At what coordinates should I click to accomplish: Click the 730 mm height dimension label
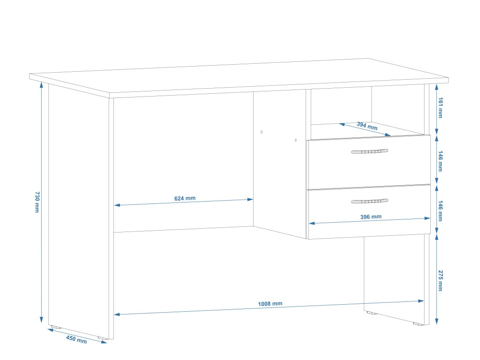(x=37, y=202)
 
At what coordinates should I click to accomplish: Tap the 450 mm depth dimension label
(x=76, y=340)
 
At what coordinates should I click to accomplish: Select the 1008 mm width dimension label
(x=270, y=304)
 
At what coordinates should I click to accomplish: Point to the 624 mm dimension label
(x=185, y=198)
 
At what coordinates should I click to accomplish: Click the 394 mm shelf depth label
(x=367, y=126)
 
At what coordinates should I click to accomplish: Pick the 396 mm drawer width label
(x=371, y=217)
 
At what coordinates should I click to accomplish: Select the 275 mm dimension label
(x=440, y=280)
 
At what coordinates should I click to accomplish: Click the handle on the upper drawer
(x=369, y=151)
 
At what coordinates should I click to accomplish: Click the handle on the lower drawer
(x=369, y=202)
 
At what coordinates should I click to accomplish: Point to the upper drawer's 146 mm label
(x=440, y=161)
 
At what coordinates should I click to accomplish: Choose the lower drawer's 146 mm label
(x=440, y=210)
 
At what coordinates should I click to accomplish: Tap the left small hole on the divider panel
(x=262, y=132)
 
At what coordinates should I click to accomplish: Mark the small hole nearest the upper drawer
(x=296, y=140)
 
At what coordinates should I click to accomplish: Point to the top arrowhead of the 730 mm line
(x=42, y=86)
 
